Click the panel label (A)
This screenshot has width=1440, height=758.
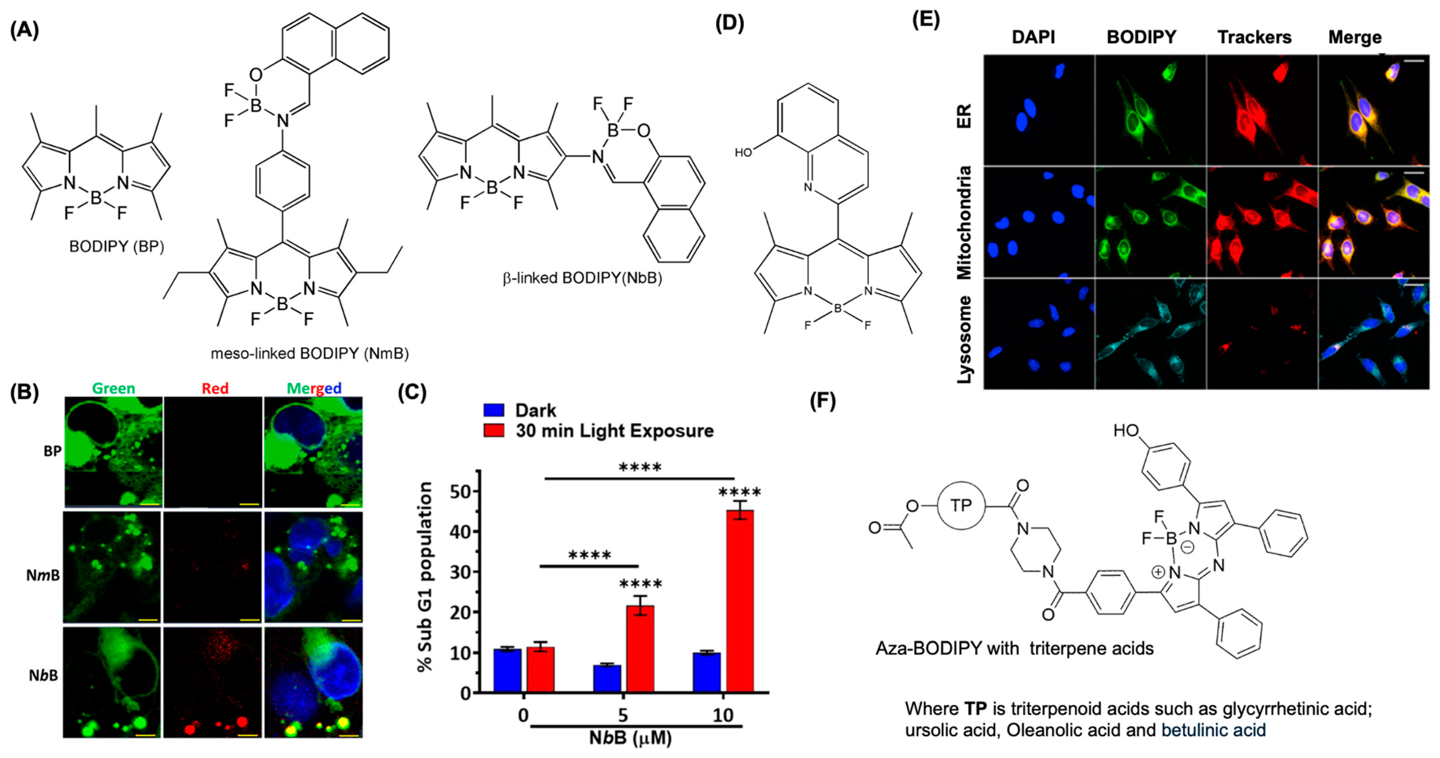tap(25, 30)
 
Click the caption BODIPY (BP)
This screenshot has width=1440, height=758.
tap(116, 246)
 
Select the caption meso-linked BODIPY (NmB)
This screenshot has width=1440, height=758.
tap(310, 353)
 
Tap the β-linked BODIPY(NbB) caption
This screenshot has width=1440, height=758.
tap(582, 278)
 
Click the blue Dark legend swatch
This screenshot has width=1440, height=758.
tap(494, 411)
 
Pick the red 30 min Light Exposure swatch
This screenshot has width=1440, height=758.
tap(494, 431)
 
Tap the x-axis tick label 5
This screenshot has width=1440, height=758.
tap(623, 715)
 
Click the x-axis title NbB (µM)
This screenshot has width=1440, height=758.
tap(630, 738)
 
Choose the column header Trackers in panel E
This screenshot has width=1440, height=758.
tap(1254, 38)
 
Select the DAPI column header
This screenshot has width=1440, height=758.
tap(1033, 38)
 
